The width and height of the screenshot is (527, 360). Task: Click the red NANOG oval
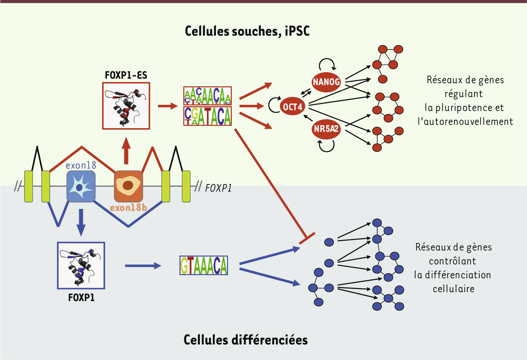(x=326, y=81)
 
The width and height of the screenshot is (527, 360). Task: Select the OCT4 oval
(x=293, y=107)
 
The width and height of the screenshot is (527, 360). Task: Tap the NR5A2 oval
(x=326, y=129)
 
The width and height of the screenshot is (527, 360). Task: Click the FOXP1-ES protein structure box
(x=126, y=106)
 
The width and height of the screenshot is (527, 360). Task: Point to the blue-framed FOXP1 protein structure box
(x=81, y=266)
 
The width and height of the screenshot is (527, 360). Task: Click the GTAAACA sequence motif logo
(x=204, y=265)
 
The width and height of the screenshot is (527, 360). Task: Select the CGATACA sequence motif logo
(x=208, y=116)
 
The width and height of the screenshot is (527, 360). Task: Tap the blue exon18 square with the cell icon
(x=81, y=186)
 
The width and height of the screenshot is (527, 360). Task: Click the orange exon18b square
(x=128, y=186)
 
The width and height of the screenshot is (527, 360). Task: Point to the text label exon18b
(x=128, y=208)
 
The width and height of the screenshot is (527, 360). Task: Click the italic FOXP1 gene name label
(x=218, y=188)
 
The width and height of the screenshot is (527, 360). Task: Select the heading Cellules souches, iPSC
(x=247, y=31)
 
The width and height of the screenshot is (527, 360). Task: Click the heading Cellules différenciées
(x=246, y=340)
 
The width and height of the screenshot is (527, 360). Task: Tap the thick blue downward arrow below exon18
(x=81, y=222)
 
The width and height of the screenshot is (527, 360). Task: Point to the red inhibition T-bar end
(x=307, y=239)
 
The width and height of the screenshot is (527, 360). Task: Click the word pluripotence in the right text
(x=464, y=108)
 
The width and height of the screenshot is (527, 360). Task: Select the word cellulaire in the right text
(x=454, y=289)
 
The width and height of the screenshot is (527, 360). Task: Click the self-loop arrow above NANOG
(x=327, y=63)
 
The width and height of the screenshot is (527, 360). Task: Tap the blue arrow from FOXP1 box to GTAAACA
(x=143, y=266)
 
